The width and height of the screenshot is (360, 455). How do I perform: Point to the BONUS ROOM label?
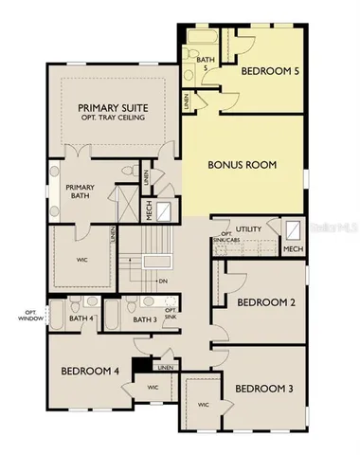point(242,164)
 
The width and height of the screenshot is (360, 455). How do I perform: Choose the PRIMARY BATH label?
point(80,192)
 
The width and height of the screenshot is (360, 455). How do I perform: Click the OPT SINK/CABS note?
point(226,238)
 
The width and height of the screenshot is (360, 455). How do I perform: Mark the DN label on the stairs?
point(164,281)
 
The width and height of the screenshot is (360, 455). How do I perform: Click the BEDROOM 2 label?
point(261,303)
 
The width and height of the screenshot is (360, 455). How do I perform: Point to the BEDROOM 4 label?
point(89,372)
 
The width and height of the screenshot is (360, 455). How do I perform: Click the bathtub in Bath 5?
point(201,38)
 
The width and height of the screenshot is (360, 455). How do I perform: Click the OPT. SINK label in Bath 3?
point(171,314)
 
